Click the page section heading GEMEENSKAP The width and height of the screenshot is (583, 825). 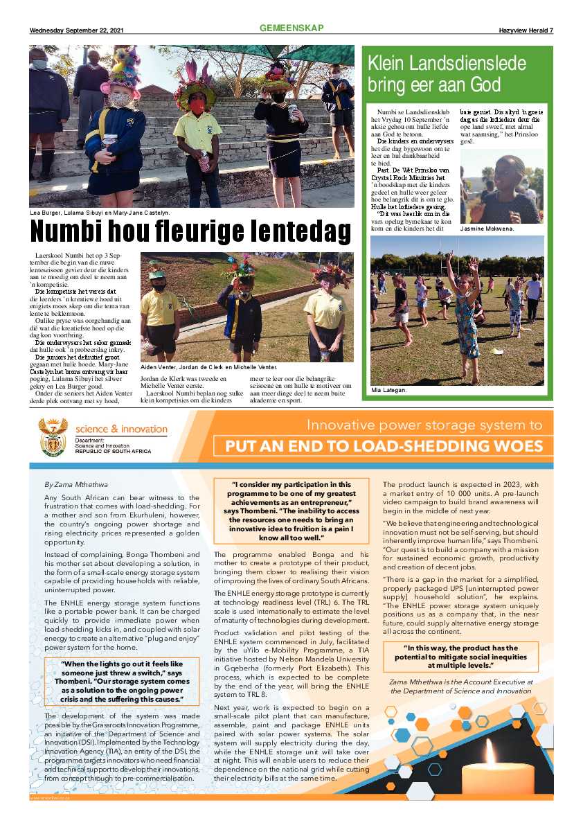[x=291, y=28]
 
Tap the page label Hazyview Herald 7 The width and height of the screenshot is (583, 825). [x=526, y=30]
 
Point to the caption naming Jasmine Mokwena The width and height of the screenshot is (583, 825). [x=487, y=229]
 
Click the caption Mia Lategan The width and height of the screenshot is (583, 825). [x=388, y=390]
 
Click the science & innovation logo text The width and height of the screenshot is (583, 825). [x=121, y=429]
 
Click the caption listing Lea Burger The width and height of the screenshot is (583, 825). [x=100, y=213]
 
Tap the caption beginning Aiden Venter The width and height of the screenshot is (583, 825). [x=208, y=367]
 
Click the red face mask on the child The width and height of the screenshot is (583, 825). [x=197, y=106]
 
